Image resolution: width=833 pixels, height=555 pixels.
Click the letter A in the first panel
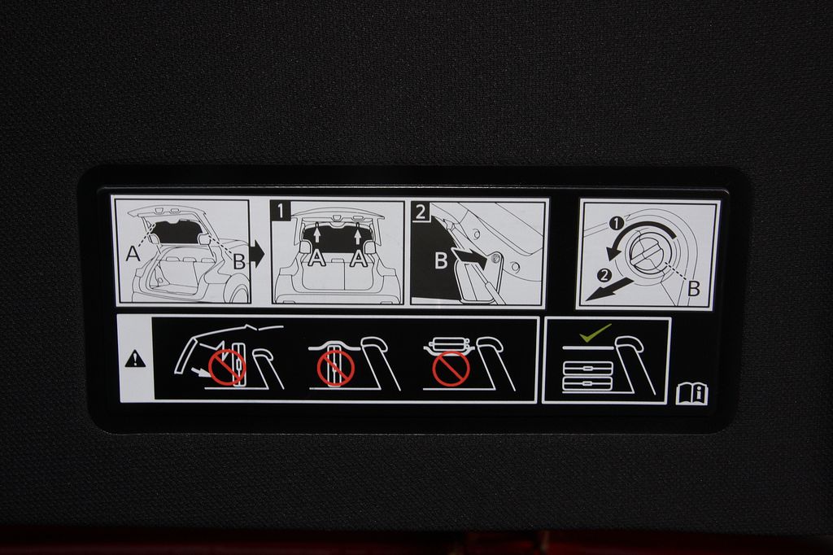[133, 254]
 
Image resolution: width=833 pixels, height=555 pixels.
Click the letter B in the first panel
[239, 261]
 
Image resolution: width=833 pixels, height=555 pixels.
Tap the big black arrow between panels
[257, 254]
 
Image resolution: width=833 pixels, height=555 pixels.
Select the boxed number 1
[281, 211]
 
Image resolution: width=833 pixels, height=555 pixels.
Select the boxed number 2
[421, 212]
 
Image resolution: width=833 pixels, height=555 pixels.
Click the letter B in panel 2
[441, 260]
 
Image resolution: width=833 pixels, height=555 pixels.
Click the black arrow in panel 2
[471, 258]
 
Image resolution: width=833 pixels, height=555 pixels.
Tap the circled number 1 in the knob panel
[616, 224]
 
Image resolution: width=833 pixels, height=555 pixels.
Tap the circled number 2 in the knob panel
[604, 275]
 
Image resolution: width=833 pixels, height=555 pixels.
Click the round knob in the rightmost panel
[649, 253]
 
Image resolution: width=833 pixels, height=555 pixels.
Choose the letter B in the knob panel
[694, 289]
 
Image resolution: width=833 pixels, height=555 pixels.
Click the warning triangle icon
[136, 360]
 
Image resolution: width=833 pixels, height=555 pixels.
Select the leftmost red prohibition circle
[227, 367]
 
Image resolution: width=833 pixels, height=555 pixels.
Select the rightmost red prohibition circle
[451, 368]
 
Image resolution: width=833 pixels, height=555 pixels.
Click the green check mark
[595, 333]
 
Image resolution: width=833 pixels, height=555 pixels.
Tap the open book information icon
[692, 395]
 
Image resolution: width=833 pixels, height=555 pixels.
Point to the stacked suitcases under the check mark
[587, 377]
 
